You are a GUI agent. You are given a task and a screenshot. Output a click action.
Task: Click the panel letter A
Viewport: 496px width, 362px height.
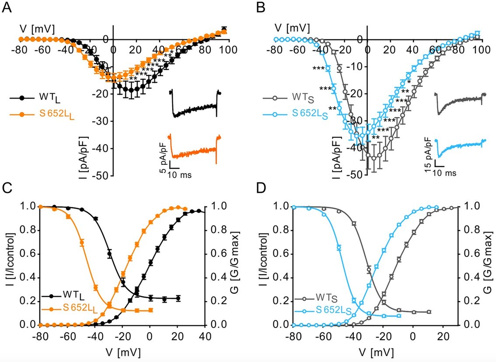[x=7, y=7]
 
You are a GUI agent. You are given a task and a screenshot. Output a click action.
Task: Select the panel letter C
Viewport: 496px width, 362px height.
[x=7, y=189]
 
